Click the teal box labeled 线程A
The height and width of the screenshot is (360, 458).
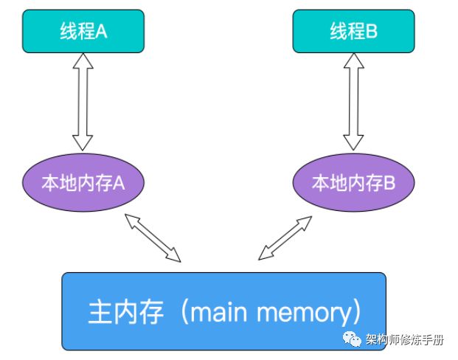click(83, 31)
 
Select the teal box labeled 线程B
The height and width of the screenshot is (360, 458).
click(353, 31)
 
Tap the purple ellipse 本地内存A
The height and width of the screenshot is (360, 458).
click(83, 183)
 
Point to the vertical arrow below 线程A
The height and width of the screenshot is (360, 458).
click(83, 103)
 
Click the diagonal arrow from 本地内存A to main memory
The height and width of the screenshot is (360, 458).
click(153, 238)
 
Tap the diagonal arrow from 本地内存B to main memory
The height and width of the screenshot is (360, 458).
click(283, 238)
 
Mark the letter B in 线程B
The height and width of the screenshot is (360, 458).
click(372, 32)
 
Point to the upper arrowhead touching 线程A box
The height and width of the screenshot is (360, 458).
click(83, 61)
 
